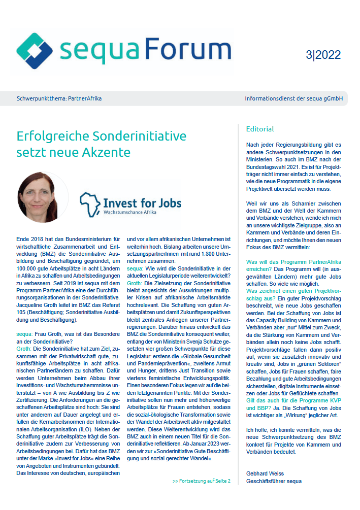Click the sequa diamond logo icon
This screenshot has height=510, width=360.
pos(35,51)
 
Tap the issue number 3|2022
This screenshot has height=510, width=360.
pos(323,55)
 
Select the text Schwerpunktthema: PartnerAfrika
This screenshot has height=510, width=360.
pos(59,98)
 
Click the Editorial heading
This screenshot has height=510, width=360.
pos(259,129)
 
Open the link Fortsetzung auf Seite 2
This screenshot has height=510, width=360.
pos(201,481)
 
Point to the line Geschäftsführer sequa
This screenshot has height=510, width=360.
pos(274,481)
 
